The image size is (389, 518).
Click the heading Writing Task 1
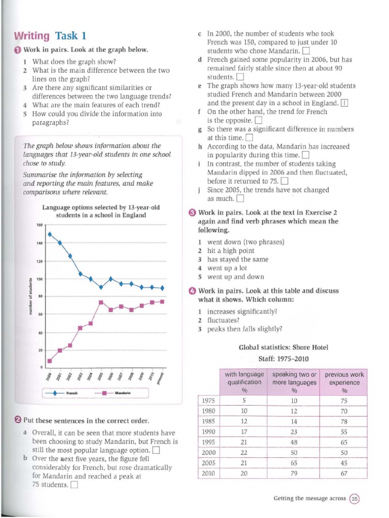coord(50,35)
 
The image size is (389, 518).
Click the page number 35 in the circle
coord(354,498)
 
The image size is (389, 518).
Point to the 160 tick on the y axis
coord(40,225)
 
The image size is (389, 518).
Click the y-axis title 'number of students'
coord(30,297)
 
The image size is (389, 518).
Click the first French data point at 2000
coord(50,234)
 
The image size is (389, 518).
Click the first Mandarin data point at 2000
coord(50,361)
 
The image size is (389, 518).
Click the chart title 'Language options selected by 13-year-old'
coord(101,207)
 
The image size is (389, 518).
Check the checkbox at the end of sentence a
coord(157,450)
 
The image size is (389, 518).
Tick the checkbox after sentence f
coord(258,120)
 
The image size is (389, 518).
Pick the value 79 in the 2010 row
coord(294,473)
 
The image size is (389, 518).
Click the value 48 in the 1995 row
coord(294,442)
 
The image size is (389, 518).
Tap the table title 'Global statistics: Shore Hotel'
coord(283,347)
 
